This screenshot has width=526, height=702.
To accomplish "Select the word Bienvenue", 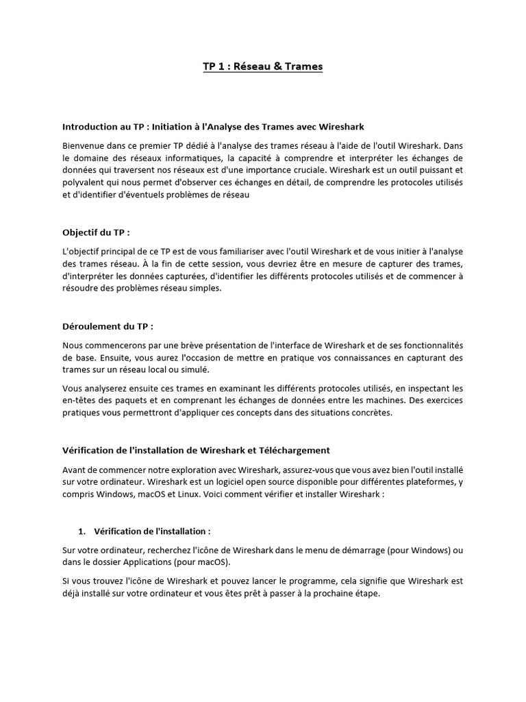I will point(85,145).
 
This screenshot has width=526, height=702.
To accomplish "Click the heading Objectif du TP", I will point(96,232).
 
